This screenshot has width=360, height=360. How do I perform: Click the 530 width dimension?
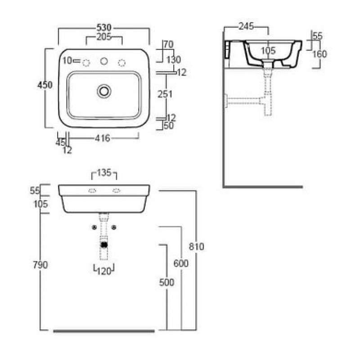click(104, 27)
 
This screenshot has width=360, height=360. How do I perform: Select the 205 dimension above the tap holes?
click(104, 36)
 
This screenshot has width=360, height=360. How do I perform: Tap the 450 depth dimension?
click(45, 85)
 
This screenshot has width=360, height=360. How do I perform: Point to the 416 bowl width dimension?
click(103, 138)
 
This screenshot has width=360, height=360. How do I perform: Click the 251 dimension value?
click(165, 94)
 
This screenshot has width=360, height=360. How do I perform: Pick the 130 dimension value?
click(174, 60)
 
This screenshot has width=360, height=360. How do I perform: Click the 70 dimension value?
click(169, 45)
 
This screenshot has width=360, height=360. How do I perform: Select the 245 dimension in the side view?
click(246, 26)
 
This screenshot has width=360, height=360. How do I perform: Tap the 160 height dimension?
click(319, 54)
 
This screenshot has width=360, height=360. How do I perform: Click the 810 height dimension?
click(196, 247)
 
